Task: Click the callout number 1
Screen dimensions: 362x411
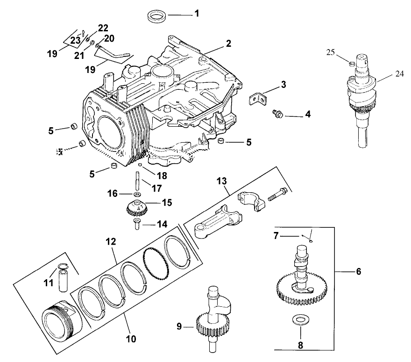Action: (197, 14)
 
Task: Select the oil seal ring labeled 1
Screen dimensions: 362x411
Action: (156, 17)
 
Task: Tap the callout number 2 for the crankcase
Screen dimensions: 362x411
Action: (228, 44)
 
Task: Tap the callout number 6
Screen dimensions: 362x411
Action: (358, 271)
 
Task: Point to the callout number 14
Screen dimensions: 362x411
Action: (162, 224)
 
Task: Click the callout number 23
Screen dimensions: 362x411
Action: (75, 40)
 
